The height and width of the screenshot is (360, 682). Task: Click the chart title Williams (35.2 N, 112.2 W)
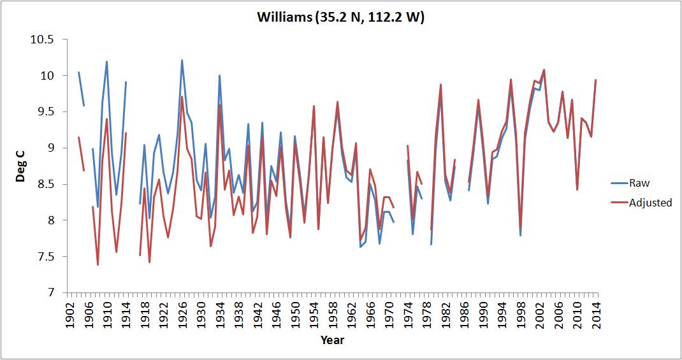(x=340, y=17)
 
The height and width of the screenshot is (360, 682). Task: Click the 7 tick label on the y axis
(x=49, y=293)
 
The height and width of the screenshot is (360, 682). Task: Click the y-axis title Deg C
(x=21, y=166)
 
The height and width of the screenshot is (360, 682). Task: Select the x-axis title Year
(x=332, y=340)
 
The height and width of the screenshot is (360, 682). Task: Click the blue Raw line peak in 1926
(x=182, y=61)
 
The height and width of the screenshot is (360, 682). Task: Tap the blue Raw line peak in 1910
(x=107, y=62)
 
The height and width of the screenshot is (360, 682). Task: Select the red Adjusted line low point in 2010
(x=577, y=190)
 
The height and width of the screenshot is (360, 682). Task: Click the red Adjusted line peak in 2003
(x=544, y=69)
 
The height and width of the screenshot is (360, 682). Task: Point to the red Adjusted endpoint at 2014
(x=595, y=80)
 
